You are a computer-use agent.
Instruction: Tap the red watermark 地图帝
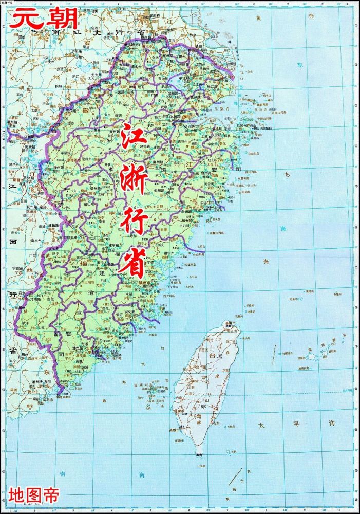coord(34,495)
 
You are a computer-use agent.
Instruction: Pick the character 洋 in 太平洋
coord(332,423)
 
